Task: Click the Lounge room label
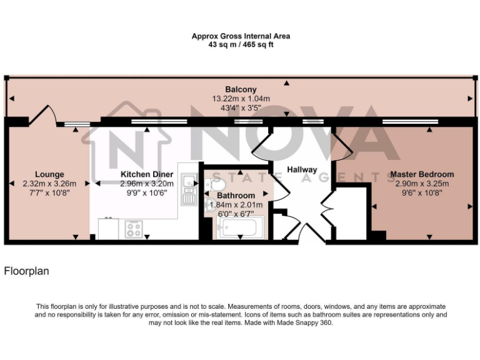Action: [49, 174]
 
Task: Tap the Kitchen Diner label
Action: [143, 174]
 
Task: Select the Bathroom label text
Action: [236, 196]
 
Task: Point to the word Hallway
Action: [302, 169]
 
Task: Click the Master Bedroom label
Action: [422, 174]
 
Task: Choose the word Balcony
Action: [241, 89]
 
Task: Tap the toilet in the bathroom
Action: [216, 186]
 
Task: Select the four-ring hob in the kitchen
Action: [133, 229]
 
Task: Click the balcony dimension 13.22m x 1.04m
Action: [241, 99]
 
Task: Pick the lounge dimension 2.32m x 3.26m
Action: [49, 184]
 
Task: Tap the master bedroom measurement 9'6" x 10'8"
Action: [422, 193]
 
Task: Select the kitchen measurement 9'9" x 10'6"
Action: [143, 193]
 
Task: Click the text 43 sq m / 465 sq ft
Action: [241, 45]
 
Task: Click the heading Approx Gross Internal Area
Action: [241, 36]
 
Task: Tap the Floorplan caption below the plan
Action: [26, 271]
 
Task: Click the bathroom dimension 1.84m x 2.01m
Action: [236, 204]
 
